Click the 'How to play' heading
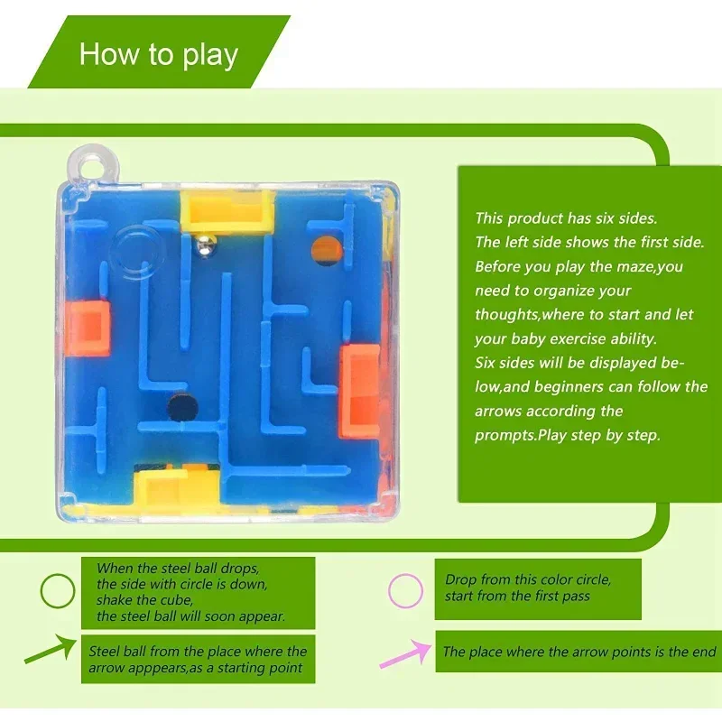coord(159,55)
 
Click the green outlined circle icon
coord(59,593)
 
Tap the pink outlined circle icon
coord(405,591)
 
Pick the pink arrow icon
coord(404,653)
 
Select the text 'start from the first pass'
coord(517,597)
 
